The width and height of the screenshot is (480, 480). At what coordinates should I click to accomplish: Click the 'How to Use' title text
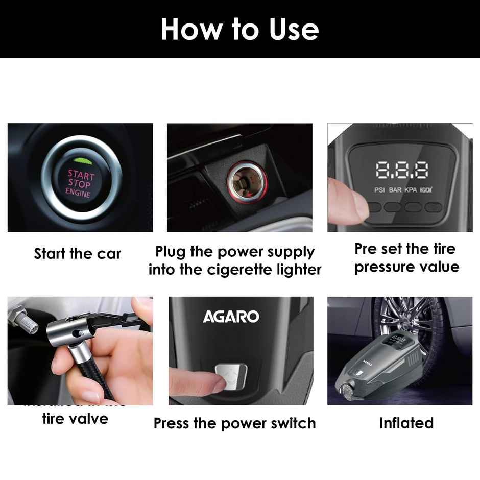pos(239,29)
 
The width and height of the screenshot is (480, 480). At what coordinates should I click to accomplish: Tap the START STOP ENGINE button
pos(79,183)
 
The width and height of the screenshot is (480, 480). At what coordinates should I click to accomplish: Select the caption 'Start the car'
pos(78,254)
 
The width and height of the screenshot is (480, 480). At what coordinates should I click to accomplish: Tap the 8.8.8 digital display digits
pos(402,171)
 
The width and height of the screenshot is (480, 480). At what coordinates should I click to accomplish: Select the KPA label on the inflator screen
pos(411,189)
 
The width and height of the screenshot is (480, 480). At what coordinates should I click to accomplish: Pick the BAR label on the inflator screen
pos(395,189)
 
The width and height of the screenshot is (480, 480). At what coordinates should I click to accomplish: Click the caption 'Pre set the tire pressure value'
pos(406,258)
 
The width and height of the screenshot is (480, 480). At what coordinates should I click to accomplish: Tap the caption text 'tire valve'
pos(75,419)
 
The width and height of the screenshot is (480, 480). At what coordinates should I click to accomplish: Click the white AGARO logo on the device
pos(231,317)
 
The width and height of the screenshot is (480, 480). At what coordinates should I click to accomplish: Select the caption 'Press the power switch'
pos(234,423)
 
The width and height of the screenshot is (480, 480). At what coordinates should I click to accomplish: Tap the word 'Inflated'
pos(406,423)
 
